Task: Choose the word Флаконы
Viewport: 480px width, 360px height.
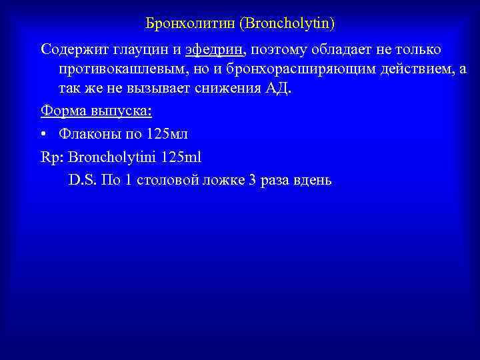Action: pyautogui.click(x=88, y=134)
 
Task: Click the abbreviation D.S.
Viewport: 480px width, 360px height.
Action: pyautogui.click(x=82, y=180)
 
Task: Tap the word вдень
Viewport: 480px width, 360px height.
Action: pyautogui.click(x=312, y=180)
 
